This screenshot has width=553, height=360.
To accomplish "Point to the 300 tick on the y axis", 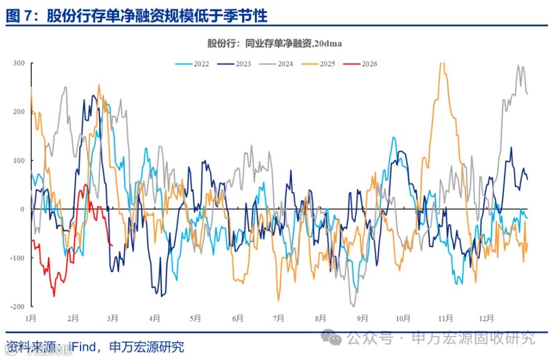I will [x=18, y=63].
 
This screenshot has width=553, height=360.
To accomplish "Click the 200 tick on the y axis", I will [x=18, y=112].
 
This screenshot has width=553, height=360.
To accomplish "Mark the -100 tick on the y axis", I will [x=17, y=257].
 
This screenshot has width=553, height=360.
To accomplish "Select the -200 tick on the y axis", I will [x=17, y=306].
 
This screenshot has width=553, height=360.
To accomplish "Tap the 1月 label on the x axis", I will [x=31, y=318].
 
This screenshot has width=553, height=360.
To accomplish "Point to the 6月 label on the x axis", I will [x=238, y=318].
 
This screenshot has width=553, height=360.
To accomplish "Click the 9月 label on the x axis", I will [x=362, y=318].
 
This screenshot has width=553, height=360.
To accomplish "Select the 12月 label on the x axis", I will [x=486, y=318].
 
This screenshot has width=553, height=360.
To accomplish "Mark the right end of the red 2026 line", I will [x=112, y=245].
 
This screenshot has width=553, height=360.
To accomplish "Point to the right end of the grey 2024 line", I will [x=528, y=93].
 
